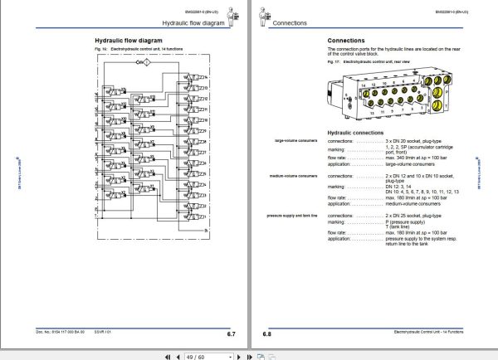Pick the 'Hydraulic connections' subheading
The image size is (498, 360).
point(355,132)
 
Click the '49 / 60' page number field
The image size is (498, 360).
point(198,353)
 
